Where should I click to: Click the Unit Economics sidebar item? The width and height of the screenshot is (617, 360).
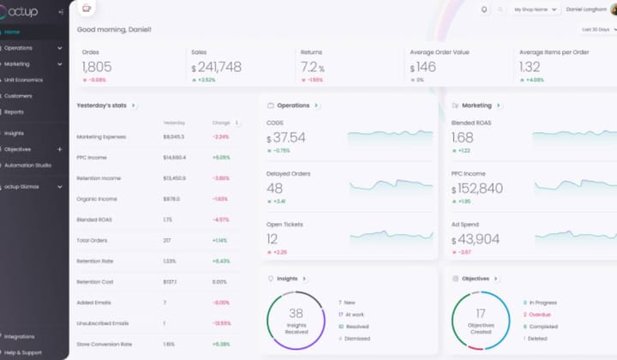coord(24,79)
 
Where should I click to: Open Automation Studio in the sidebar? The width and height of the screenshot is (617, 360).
coord(27,165)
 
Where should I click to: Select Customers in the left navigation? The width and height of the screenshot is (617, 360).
coord(18,95)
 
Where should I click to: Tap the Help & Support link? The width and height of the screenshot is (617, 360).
coord(22,351)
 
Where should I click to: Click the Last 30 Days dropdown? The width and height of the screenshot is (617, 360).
coord(597,29)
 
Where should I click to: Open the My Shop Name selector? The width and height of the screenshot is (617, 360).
coord(536,9)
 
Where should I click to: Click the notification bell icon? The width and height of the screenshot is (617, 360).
coord(484,9)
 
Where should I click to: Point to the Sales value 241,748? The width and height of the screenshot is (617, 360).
coord(219,67)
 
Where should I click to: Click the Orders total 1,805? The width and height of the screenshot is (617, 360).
coord(97,67)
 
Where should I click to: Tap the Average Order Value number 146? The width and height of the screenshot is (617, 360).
coord(426,67)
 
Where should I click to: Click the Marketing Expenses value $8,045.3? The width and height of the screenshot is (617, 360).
coord(173,136)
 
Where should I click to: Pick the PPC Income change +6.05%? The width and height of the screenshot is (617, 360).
coord(220,158)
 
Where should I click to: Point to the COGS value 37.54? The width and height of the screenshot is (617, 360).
coord(290,137)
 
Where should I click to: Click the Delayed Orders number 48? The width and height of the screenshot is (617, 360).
coord(275,189)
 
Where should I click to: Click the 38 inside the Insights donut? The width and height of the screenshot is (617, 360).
coord(296,314)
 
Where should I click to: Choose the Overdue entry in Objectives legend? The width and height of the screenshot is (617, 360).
coord(540,315)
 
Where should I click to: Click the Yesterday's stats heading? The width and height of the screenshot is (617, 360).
coord(101,105)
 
